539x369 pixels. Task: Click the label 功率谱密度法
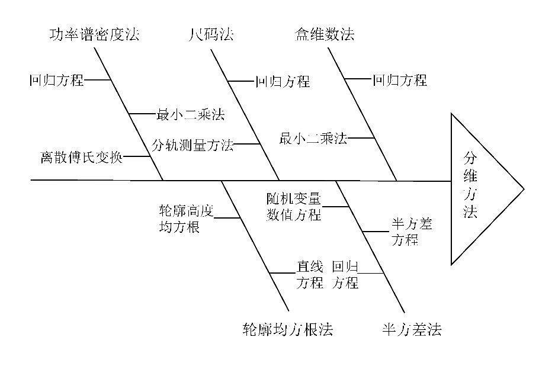[x=94, y=34]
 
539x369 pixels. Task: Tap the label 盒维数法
[x=325, y=34]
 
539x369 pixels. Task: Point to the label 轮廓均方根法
[x=288, y=329]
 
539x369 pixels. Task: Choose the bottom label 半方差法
[x=412, y=329]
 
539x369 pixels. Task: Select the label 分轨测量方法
[x=192, y=145]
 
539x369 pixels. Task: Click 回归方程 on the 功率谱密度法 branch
[x=57, y=80]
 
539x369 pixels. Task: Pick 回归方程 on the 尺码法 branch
[x=283, y=81]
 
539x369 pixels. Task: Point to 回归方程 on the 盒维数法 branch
[x=400, y=80]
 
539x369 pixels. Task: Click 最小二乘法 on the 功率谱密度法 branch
[x=190, y=114]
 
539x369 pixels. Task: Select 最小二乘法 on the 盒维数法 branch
[x=313, y=139]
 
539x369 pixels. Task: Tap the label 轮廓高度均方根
[x=186, y=219]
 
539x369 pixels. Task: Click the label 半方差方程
[x=411, y=232]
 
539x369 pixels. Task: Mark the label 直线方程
[x=309, y=274]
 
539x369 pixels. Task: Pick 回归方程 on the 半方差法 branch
[x=345, y=274]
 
